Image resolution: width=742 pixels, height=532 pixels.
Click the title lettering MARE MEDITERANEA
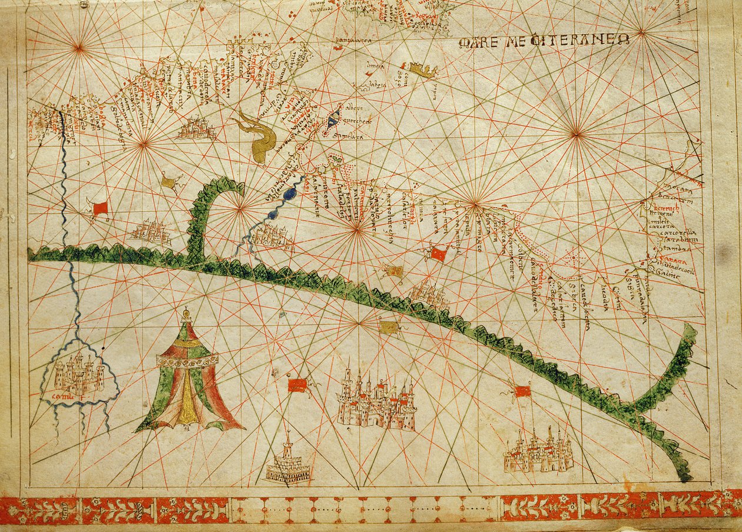(544, 41)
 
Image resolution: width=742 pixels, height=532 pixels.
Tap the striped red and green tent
(188, 377)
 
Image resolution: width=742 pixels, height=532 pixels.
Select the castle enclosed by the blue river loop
(78, 376)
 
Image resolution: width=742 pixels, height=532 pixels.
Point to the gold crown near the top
(423, 71)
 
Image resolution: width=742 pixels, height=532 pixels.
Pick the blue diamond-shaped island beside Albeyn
(333, 119)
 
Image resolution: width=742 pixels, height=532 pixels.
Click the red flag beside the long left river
(100, 208)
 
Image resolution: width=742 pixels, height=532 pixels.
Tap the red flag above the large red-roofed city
(297, 385)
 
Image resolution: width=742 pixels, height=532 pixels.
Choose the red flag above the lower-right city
(522, 391)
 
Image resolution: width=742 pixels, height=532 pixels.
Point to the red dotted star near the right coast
(572, 258)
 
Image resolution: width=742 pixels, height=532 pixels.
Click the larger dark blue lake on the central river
(289, 194)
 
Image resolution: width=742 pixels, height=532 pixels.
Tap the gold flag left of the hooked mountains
(168, 183)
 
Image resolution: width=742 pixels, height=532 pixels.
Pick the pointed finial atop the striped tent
(186, 312)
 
